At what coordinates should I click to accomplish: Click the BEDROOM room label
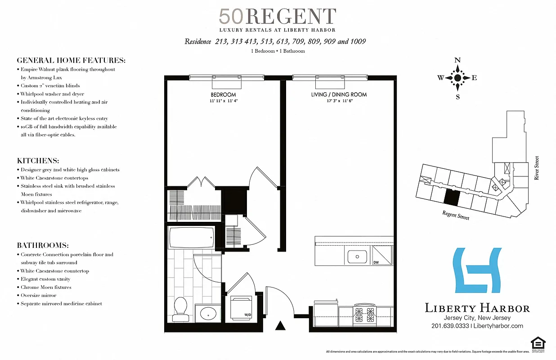(x=223, y=95)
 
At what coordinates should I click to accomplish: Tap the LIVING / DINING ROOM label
(x=339, y=94)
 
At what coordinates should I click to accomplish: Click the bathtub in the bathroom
(x=191, y=237)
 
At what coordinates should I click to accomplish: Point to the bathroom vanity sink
(x=207, y=313)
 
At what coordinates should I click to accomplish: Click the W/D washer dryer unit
(x=242, y=307)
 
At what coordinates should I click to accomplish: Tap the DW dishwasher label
(x=376, y=262)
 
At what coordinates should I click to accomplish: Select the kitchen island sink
(x=358, y=256)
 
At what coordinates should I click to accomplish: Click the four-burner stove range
(x=364, y=315)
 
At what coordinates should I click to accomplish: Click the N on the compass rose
(x=457, y=60)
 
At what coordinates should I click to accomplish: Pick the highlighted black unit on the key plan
(x=452, y=197)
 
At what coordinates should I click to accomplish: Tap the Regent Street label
(x=455, y=215)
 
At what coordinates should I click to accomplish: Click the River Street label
(x=536, y=168)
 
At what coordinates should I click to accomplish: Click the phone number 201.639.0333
(x=450, y=326)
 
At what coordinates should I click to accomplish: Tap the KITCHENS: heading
(x=38, y=161)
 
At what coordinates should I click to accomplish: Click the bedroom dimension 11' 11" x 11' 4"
(x=223, y=101)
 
